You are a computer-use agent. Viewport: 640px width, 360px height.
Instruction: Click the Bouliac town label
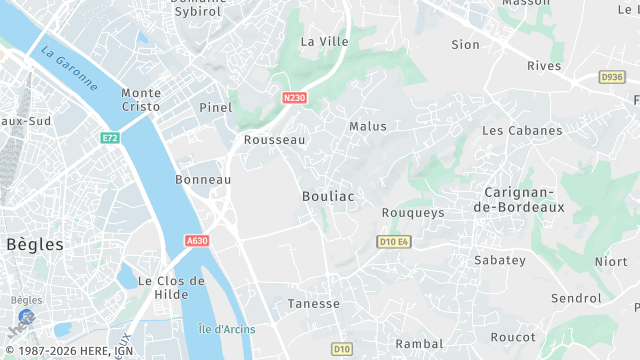tap(328, 197)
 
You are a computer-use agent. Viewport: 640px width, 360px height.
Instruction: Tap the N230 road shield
tap(294, 98)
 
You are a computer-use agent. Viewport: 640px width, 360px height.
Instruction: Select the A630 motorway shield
tap(197, 241)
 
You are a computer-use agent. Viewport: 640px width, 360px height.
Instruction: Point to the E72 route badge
tap(109, 137)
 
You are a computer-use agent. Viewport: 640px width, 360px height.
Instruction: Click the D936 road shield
tap(612, 77)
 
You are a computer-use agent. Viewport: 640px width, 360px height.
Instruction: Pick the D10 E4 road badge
tap(395, 241)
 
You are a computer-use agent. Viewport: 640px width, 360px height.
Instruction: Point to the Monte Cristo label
tap(141, 99)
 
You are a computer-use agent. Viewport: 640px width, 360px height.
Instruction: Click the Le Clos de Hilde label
tap(171, 288)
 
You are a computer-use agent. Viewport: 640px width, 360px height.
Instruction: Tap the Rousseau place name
tap(274, 141)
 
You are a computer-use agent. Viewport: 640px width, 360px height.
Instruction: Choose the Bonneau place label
tap(203, 179)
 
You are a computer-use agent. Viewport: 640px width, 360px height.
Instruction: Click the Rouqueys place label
tap(413, 213)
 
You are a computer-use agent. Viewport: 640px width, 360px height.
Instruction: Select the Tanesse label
tap(314, 304)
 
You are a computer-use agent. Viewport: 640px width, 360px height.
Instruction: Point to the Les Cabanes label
tap(522, 131)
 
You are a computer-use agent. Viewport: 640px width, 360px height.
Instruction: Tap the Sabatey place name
tap(500, 260)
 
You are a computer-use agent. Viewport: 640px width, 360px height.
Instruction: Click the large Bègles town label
tap(34, 244)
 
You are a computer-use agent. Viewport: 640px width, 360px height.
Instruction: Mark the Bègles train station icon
tap(25, 315)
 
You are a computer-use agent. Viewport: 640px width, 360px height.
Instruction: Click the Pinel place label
tap(215, 107)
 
